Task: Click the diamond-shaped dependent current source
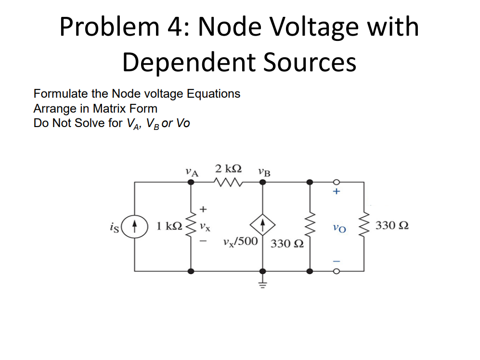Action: tap(262, 225)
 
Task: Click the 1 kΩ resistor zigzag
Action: tap(191, 225)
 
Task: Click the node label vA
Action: tap(192, 170)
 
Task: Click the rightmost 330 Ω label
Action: tap(392, 225)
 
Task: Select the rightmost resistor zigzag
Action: tap(364, 225)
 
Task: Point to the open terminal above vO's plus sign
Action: tap(337, 182)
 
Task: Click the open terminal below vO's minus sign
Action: tap(337, 271)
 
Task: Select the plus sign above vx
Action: tap(203, 209)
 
